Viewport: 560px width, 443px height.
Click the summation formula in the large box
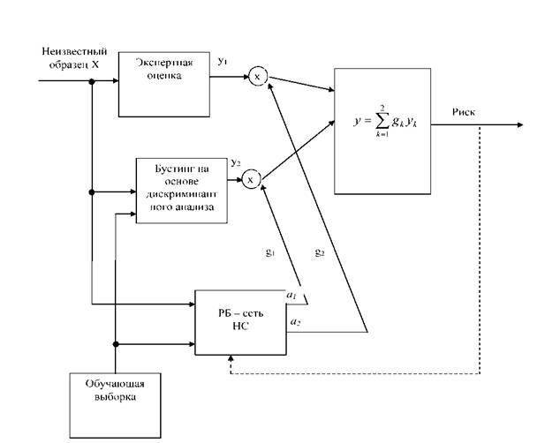[x=386, y=121]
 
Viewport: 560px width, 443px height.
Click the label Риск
[x=464, y=112]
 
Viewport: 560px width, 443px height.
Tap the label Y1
[x=222, y=62]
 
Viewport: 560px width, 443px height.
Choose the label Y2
[x=235, y=163]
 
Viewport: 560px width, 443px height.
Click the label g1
[x=270, y=252]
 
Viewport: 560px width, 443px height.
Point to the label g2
[x=320, y=252]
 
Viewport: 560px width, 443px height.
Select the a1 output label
[x=291, y=296]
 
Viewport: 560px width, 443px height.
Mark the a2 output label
[x=295, y=322]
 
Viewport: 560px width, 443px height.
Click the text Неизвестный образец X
[x=74, y=57]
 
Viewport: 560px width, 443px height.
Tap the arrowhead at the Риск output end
[x=520, y=124]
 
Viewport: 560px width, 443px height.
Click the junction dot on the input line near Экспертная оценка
[x=92, y=82]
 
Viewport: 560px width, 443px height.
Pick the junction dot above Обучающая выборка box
[x=116, y=344]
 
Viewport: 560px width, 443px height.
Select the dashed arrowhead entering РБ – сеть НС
[x=231, y=358]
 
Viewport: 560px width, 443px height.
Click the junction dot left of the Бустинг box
[x=92, y=192]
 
